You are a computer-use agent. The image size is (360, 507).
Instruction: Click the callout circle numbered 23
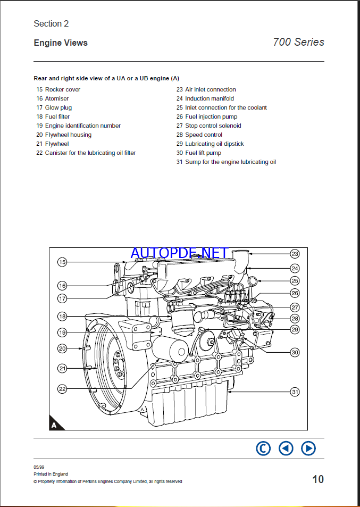[x=295, y=254]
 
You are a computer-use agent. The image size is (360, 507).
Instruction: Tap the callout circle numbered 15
[x=62, y=262]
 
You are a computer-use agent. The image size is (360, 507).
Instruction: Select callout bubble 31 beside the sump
[x=295, y=392]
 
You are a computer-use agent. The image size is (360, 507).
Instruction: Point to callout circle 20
[x=62, y=349]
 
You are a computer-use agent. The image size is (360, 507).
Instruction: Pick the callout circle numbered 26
[x=295, y=293]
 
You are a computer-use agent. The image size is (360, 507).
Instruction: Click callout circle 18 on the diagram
[x=62, y=317]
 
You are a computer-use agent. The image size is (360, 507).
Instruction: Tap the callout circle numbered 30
[x=295, y=352]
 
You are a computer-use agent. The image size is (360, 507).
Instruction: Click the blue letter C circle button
[x=263, y=448]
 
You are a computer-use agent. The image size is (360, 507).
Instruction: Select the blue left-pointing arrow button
[x=286, y=448]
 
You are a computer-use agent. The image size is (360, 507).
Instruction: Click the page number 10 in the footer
[x=317, y=479]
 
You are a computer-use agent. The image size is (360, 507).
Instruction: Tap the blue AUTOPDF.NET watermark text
[x=180, y=253]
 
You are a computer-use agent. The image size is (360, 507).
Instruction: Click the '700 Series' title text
[x=298, y=42]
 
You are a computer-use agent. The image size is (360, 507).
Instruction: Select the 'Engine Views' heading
[x=61, y=43]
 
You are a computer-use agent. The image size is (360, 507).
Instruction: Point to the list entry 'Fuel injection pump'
[x=211, y=117]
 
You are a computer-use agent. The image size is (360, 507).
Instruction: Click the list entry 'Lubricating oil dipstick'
[x=214, y=144]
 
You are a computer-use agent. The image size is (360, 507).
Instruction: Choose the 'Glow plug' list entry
[x=58, y=107]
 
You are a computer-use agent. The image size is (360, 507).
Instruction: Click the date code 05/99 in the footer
[x=38, y=467]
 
